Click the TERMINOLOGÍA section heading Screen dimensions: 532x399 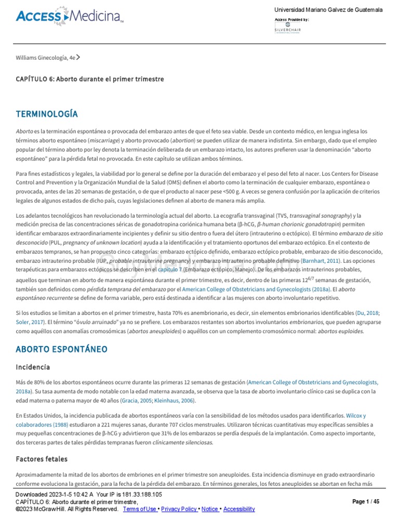(47, 114)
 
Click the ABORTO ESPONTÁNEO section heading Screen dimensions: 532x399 (61, 349)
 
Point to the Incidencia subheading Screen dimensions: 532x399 (33, 367)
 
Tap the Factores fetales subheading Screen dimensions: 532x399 (42, 459)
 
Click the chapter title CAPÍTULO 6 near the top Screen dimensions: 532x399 (90, 79)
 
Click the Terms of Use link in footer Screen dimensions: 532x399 (140, 509)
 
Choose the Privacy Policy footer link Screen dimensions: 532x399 (179, 509)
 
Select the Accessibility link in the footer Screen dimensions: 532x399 (239, 509)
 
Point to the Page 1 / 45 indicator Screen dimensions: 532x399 (366, 502)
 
